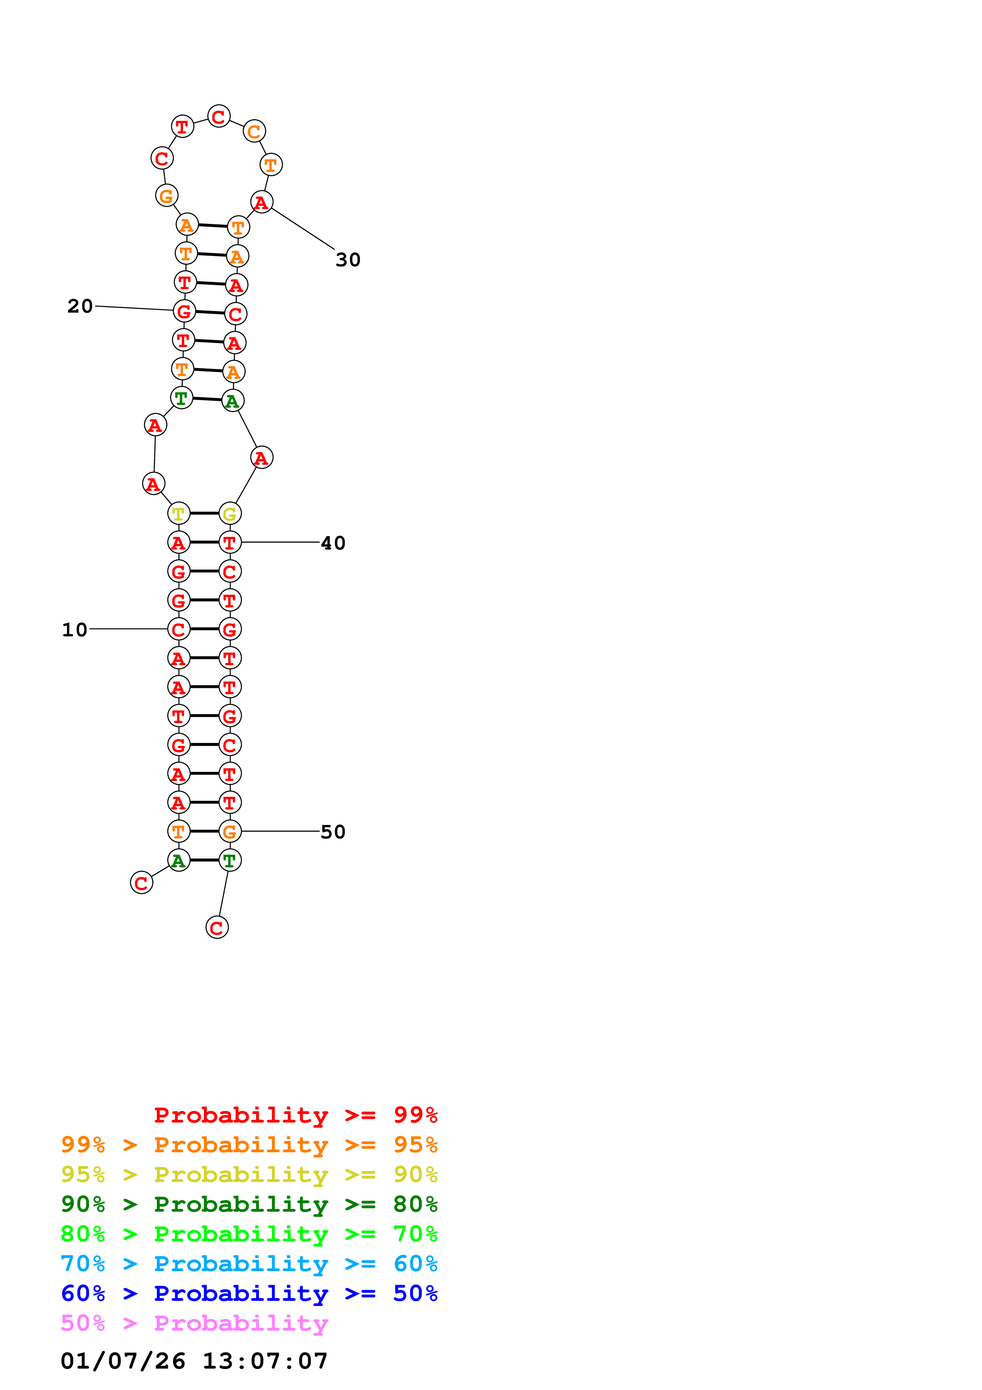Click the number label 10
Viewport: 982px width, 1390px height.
coord(74,630)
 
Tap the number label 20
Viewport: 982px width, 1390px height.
coord(80,306)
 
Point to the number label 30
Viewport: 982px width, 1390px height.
coord(348,260)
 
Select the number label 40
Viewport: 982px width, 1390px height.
coord(333,543)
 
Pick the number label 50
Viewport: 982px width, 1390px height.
coord(333,832)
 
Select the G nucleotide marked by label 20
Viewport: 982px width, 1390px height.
coord(184,311)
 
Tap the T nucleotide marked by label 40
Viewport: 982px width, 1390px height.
coord(230,542)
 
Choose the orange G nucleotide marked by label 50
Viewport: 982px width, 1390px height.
coord(230,831)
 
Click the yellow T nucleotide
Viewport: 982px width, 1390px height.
coord(179,514)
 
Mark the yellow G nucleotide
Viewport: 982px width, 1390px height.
coord(230,514)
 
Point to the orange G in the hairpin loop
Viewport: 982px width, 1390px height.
coord(166,196)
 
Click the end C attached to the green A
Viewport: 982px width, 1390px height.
coord(141,883)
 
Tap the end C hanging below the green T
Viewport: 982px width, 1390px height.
coord(217,928)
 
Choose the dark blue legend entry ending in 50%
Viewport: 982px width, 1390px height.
coord(249,1293)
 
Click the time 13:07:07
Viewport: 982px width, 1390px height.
coord(265,1361)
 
